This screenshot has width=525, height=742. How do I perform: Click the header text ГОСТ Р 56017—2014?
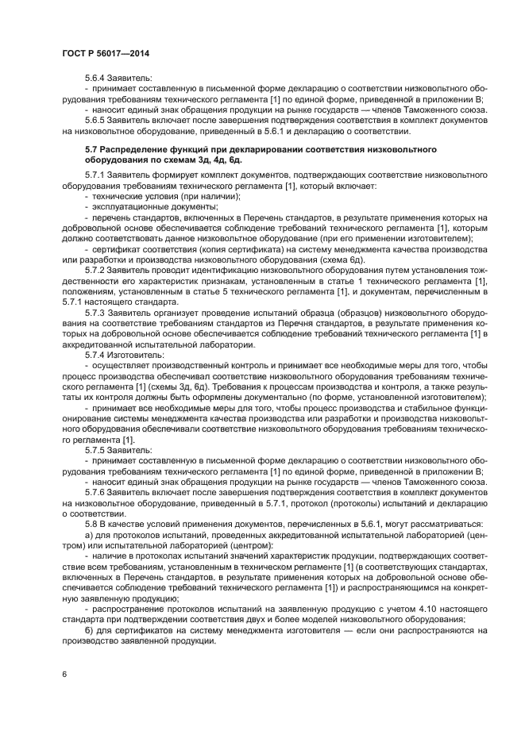coord(106,53)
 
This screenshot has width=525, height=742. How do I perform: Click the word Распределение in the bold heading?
coord(136,149)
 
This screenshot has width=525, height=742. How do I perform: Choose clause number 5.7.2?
coord(95,270)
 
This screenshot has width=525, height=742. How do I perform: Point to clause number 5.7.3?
coord(95,314)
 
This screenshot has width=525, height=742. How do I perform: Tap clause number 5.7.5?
coord(95,450)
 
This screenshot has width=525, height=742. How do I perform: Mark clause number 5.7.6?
coord(95,493)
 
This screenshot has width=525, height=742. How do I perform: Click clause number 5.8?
coord(92,526)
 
